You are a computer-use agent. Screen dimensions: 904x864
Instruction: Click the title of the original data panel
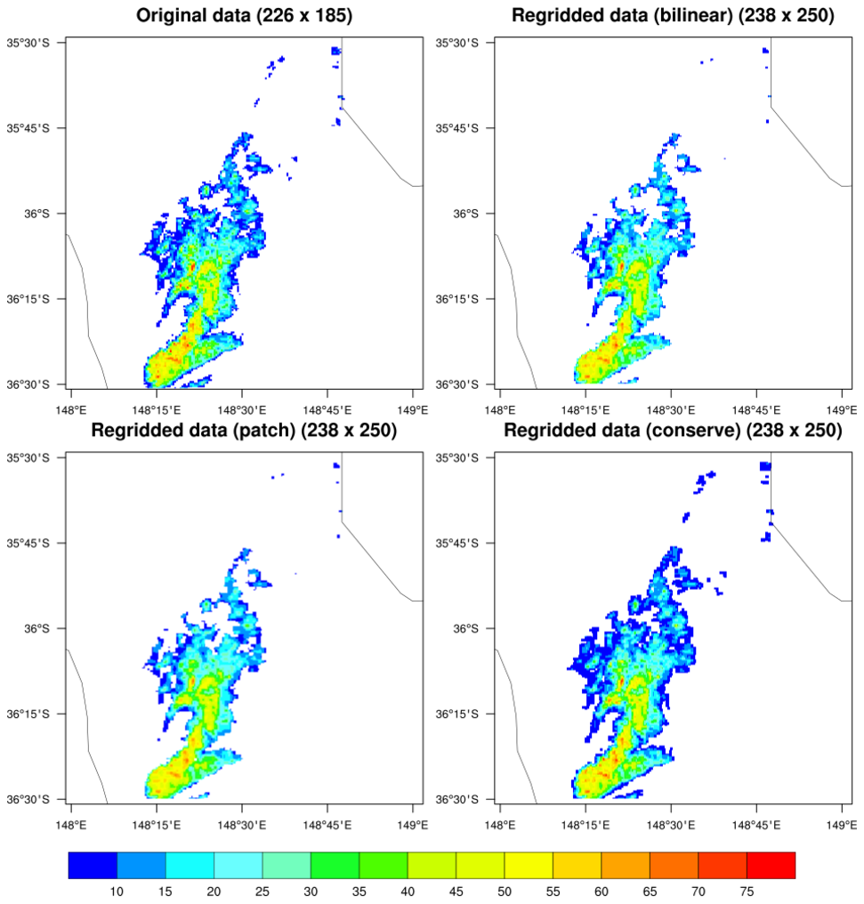pos(243,15)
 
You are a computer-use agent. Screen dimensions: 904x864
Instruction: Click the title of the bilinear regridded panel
pos(672,15)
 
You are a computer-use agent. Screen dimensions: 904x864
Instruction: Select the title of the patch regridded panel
pos(243,431)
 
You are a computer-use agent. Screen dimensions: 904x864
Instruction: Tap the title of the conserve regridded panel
pos(672,431)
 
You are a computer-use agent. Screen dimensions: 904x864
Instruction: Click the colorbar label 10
pos(117,892)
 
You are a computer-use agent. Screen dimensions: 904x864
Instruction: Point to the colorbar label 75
pos(746,892)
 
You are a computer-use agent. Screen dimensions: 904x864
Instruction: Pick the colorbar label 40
pos(407,892)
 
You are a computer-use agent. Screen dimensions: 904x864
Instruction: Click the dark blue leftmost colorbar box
pos(93,865)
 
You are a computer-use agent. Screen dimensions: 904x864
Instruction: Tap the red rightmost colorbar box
pos(771,865)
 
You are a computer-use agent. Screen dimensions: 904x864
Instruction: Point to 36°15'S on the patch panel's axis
pos(30,714)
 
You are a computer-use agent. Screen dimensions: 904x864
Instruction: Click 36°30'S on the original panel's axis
pos(30,384)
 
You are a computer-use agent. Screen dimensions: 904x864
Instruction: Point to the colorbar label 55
pos(552,892)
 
